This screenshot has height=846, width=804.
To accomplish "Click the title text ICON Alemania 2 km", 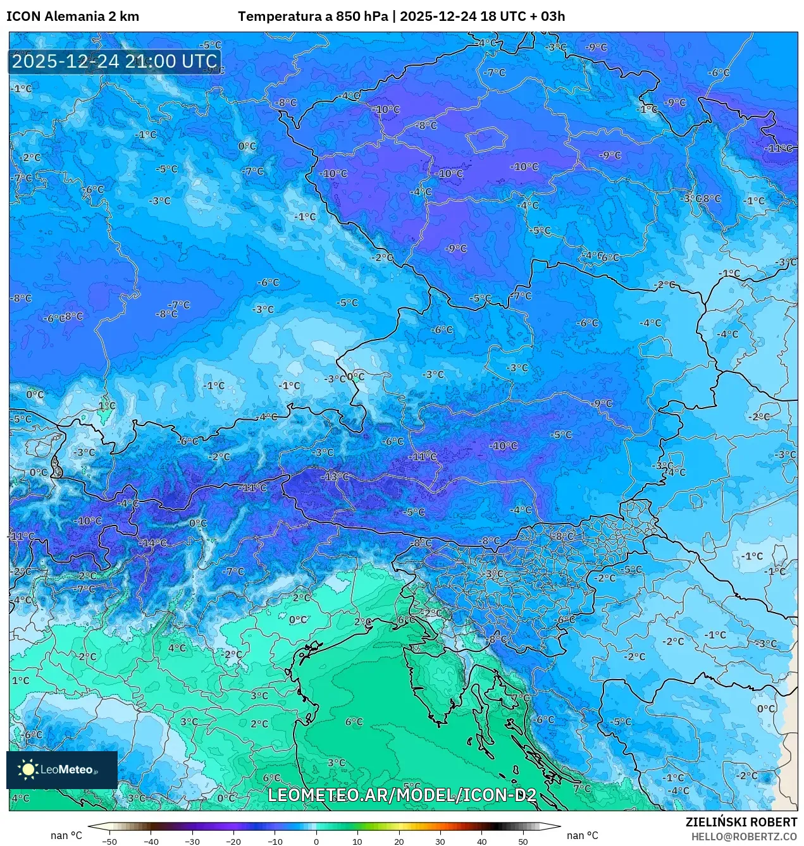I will (x=73, y=16).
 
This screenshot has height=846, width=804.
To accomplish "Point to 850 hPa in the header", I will (x=362, y=16).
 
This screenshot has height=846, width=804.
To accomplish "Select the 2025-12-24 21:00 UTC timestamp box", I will (x=114, y=61).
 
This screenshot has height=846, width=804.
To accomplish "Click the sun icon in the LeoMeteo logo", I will (x=28, y=769).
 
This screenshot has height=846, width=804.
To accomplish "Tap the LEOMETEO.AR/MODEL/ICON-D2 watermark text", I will (x=402, y=795).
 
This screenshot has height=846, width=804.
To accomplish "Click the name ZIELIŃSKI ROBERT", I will (x=741, y=822).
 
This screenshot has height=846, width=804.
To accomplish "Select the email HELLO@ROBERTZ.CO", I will (x=744, y=837).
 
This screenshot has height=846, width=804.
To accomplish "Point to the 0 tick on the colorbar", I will (x=316, y=842).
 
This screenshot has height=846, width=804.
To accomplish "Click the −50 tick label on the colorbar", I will (x=109, y=842).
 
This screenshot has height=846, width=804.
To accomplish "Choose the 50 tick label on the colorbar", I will (x=523, y=842).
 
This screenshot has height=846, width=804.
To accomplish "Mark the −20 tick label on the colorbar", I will (x=233, y=842).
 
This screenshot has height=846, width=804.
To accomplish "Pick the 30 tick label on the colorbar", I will (x=440, y=842).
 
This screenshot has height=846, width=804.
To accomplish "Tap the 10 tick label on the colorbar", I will (x=357, y=842).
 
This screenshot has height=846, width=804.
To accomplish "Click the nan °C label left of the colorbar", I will (x=66, y=835).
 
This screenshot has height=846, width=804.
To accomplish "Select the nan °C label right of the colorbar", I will (x=583, y=835).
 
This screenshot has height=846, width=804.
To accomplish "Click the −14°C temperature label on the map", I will (x=154, y=543).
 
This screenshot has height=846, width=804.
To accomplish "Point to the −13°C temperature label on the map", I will (x=336, y=476).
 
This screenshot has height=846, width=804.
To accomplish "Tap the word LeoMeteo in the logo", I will (x=67, y=769).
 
